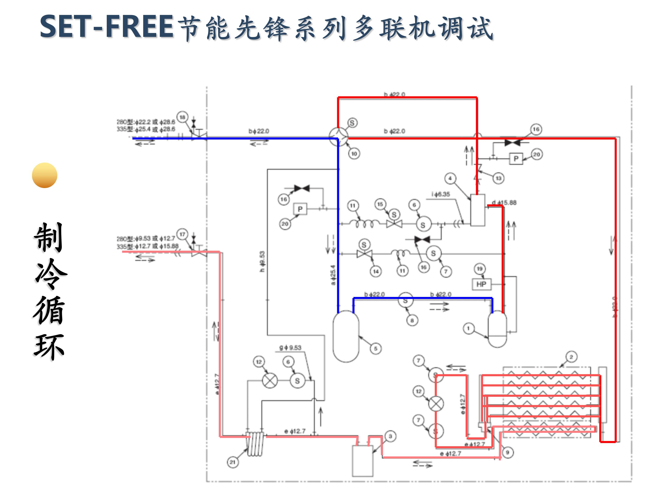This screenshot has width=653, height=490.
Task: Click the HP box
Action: tap(481, 284)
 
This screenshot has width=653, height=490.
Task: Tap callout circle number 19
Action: tap(479, 269)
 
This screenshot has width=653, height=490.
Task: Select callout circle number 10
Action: tap(354, 153)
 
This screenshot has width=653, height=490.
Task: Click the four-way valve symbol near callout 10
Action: tap(339, 137)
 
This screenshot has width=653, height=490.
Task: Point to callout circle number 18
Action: tap(183, 117)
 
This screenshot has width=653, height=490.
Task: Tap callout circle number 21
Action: tap(233, 462)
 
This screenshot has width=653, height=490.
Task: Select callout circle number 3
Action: tap(390, 436)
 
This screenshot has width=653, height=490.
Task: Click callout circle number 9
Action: tap(507, 452)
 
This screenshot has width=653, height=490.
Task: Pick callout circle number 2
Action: tap(571, 357)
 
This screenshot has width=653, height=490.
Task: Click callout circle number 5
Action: tap(375, 348)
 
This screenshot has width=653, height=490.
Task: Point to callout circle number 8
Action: tap(412, 320)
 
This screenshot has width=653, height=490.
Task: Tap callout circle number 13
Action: tap(498, 178)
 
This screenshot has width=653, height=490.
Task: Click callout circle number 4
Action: tap(450, 178)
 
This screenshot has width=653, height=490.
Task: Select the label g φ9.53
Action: tap(290, 348)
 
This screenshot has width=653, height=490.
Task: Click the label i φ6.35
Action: tap(441, 194)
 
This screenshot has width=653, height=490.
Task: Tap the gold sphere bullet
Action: tap(45, 175)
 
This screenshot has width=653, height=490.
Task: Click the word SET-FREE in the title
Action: tap(106, 27)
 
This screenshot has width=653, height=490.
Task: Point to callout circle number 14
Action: tap(375, 271)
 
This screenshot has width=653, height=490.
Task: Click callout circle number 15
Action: tap(380, 204)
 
